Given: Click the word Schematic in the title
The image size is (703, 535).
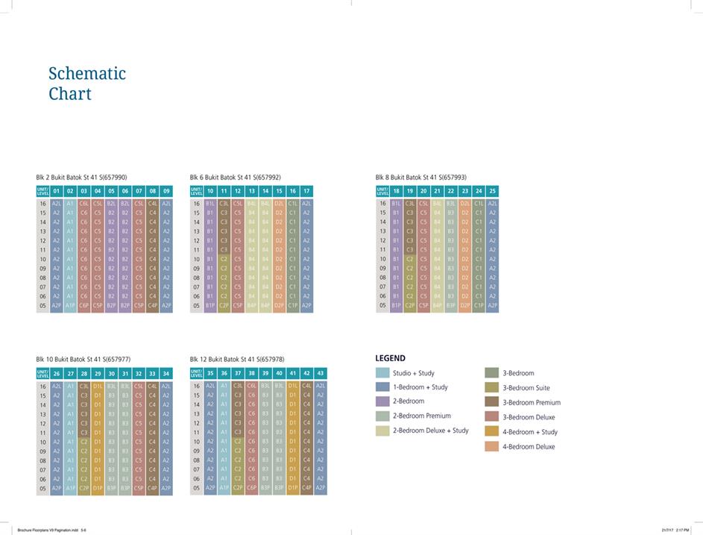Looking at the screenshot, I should tap(86, 73).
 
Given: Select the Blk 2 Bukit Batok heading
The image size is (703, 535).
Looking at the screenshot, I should tap(81, 178).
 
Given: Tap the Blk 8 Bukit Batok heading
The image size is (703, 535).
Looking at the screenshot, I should tap(420, 178).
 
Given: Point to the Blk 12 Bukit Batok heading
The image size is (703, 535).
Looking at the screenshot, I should tap(236, 359).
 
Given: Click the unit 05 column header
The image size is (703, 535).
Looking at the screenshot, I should tap(111, 191).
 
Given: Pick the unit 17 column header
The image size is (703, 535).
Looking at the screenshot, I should tap(306, 191).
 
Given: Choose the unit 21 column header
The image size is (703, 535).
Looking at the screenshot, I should tap(437, 191).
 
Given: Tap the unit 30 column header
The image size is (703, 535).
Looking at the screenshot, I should tap(111, 373).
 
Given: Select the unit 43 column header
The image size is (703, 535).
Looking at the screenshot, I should tap(320, 373).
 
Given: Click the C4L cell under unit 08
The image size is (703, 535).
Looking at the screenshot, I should tap(152, 203).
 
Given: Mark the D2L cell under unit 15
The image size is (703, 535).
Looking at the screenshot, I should tap(279, 203).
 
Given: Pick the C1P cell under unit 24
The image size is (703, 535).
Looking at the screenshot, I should tap(479, 305).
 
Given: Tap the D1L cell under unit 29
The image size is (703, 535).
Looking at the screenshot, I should tap(98, 386).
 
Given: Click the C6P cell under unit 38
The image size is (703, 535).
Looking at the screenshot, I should tap(251, 488).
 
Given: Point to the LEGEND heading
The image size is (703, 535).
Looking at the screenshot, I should tap(390, 358).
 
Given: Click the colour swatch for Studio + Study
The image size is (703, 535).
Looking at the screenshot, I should tap(382, 372).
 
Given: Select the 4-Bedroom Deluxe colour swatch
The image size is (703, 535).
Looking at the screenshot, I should tap(491, 446).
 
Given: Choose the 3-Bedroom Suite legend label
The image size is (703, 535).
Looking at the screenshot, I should tap(526, 387).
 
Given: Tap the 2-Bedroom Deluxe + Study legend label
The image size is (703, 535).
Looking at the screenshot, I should tap(431, 431).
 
